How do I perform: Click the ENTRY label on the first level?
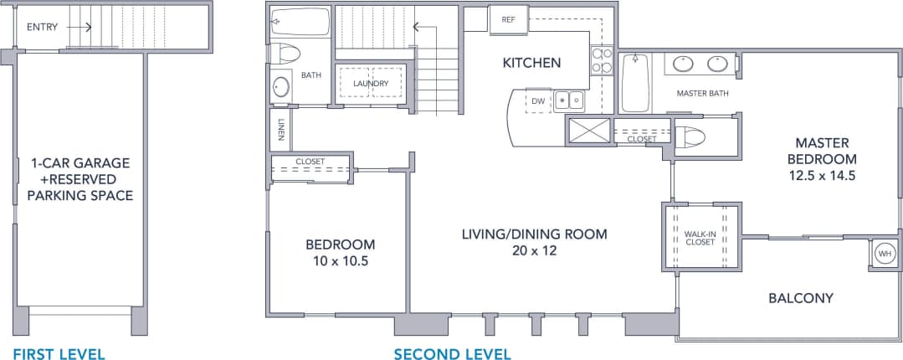tap(42, 27)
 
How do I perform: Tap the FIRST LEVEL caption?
tap(59, 354)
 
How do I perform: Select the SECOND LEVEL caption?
tap(452, 354)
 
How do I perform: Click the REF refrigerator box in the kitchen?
tap(508, 19)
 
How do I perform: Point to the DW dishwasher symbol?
tap(538, 101)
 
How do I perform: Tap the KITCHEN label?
tap(531, 63)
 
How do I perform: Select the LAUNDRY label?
tap(370, 84)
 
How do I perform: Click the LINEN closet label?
tap(280, 129)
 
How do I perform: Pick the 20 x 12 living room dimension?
tap(534, 250)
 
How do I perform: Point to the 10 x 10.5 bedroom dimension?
tap(340, 261)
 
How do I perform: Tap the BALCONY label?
tap(801, 298)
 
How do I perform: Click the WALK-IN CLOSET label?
tap(700, 237)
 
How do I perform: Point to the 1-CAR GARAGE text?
tap(80, 163)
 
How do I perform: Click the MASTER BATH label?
tap(701, 93)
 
